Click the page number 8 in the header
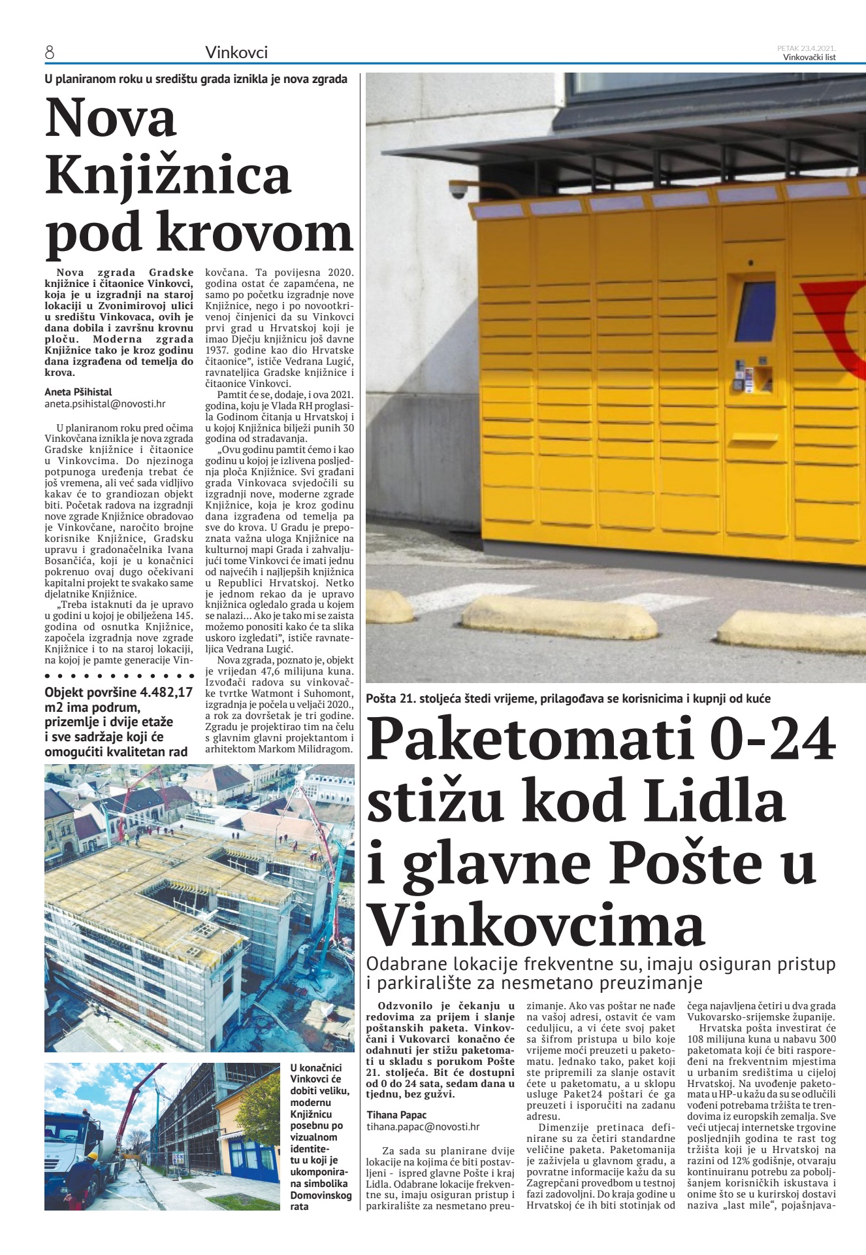click(x=49, y=53)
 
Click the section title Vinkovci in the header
click(x=236, y=53)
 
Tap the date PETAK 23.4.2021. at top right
click(x=807, y=48)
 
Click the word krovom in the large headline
click(x=255, y=233)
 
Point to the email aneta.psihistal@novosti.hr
click(x=104, y=404)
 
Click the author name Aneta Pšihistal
click(x=78, y=392)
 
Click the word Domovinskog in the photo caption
click(x=321, y=1196)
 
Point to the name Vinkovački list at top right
click(x=809, y=57)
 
